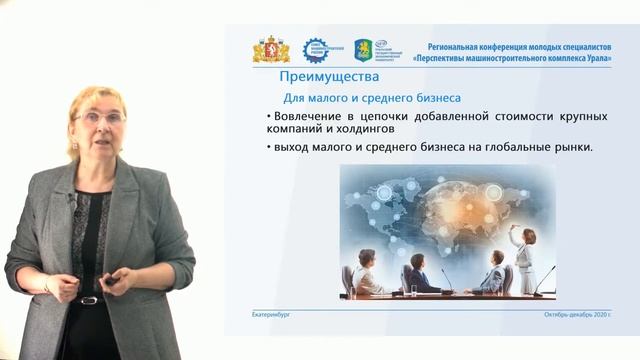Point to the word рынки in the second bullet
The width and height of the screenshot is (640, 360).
(x=570, y=148)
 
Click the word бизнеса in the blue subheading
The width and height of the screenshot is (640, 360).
(x=434, y=98)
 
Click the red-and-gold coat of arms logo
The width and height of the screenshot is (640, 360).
(x=271, y=50)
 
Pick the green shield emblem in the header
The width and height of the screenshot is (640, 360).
(x=364, y=50)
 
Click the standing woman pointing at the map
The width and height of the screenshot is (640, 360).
(x=523, y=258)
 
